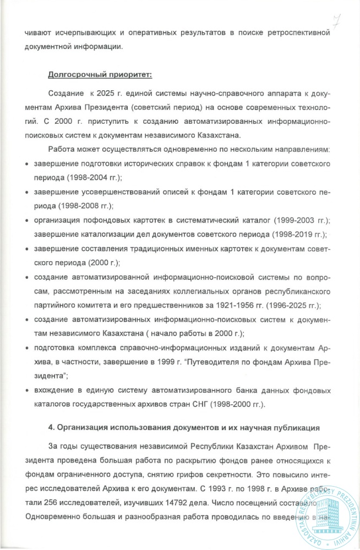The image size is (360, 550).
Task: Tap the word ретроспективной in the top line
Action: (298, 33)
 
